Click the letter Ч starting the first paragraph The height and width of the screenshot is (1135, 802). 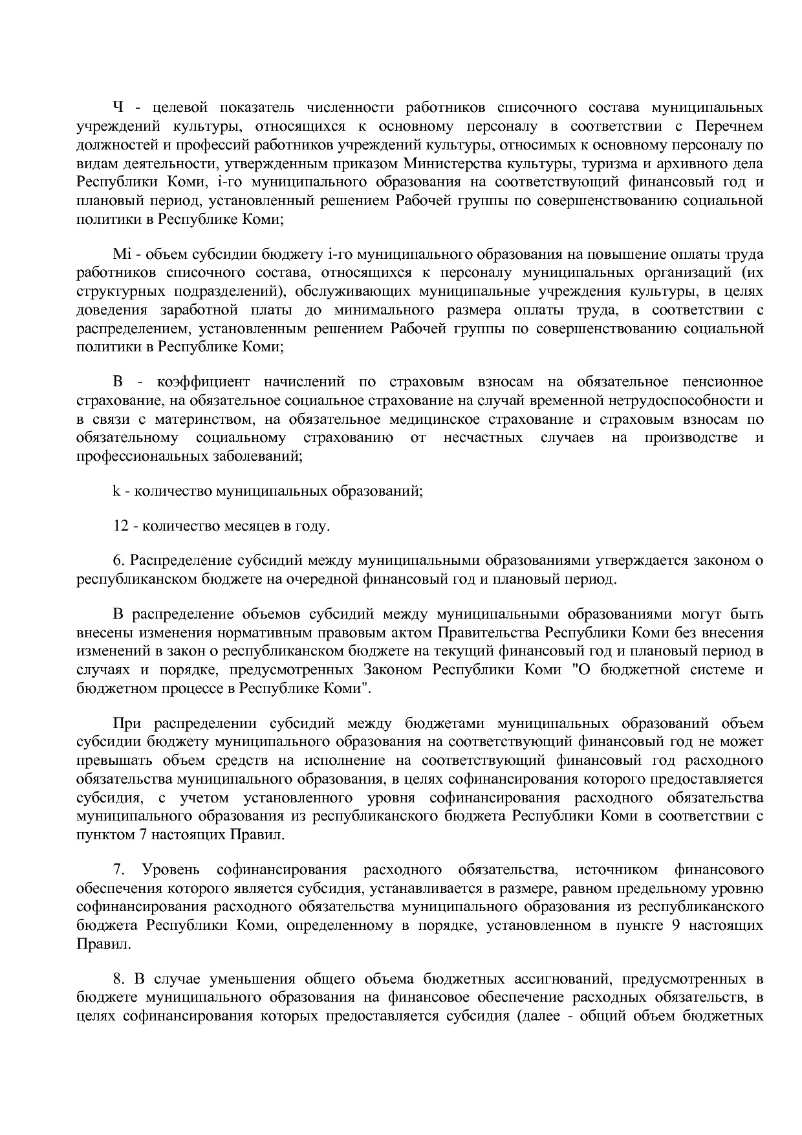coord(118,107)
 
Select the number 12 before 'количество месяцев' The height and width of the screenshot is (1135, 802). coord(120,525)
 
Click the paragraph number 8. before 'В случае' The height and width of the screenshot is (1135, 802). coord(118,979)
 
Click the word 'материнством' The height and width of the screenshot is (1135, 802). coord(199,419)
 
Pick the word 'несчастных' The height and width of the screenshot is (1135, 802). coord(482,438)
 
